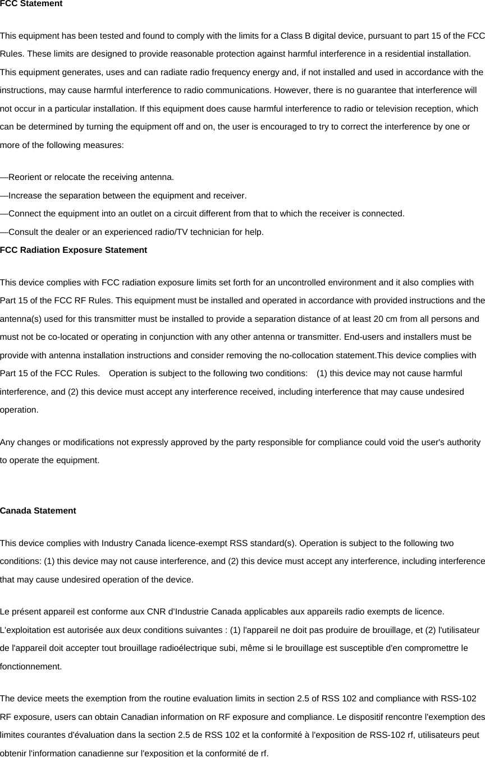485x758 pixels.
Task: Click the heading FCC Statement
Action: [31, 4]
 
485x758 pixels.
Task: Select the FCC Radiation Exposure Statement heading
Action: [74, 250]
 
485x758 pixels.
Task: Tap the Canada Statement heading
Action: [38, 511]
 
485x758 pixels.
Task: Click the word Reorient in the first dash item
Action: [26, 178]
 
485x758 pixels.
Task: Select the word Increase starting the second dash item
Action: [25, 196]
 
